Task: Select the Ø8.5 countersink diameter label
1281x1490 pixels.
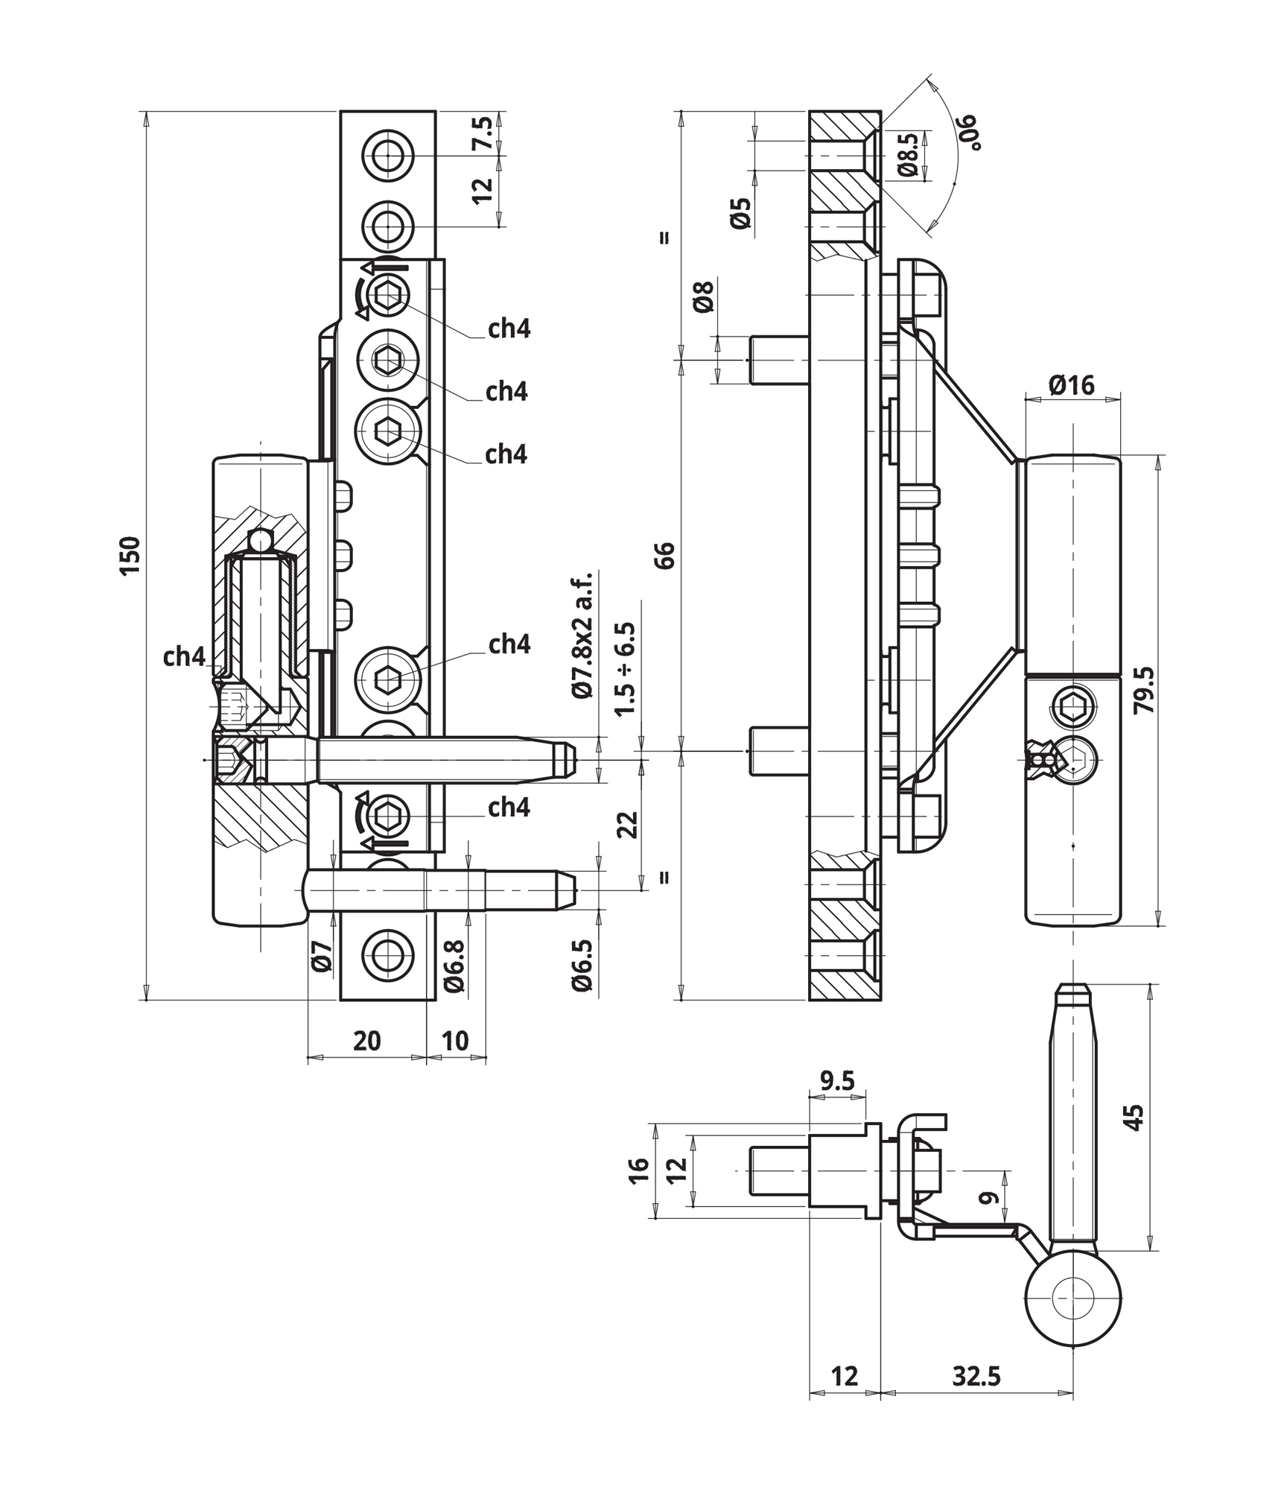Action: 908,155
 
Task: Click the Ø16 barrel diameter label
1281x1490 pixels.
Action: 1072,384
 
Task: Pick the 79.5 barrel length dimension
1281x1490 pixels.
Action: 1144,690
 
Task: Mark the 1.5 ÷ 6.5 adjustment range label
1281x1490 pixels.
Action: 626,669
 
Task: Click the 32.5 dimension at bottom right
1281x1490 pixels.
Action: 976,1376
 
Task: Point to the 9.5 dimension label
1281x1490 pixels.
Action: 837,1081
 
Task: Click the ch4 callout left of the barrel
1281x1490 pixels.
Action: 184,656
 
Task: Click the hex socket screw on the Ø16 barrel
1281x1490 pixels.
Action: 1073,704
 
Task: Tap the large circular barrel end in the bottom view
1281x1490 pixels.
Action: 1072,1298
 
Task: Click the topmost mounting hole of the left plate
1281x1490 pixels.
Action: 387,156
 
